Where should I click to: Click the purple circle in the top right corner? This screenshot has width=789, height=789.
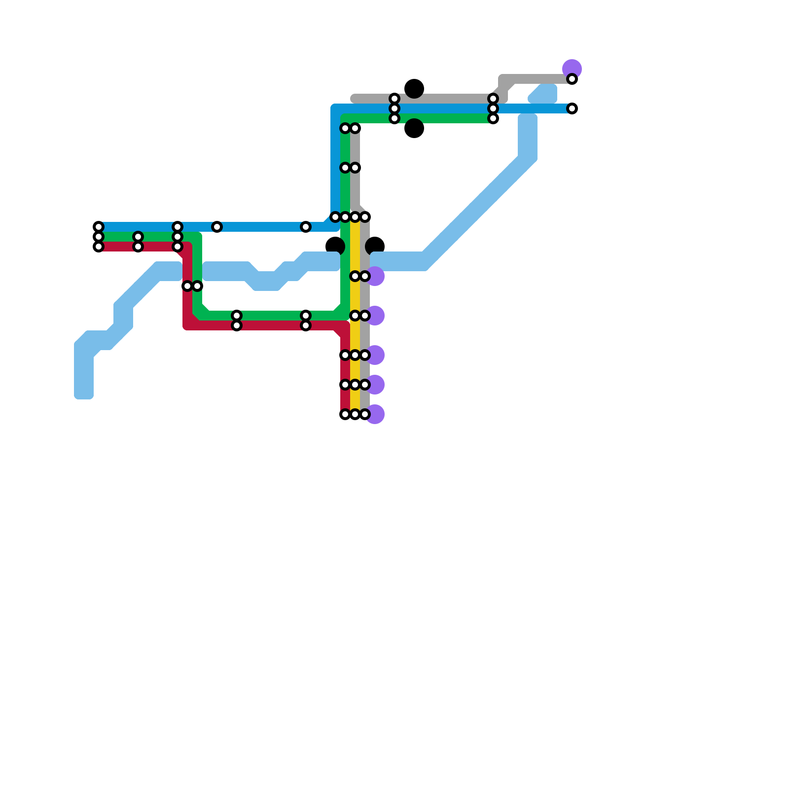572,68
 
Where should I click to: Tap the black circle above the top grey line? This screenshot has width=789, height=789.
414,89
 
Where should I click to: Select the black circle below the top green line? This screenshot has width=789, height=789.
414,128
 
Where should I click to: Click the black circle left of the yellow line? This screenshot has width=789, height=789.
335,246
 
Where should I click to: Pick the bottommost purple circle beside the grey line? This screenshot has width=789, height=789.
375,414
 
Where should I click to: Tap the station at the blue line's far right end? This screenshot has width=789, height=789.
572,108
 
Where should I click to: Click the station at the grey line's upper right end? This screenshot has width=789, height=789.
572,79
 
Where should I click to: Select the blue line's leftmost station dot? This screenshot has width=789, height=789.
99,227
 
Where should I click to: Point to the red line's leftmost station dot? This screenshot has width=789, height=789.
99,247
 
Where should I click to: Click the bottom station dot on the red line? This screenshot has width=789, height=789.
345,414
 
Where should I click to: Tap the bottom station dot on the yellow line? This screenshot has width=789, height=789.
355,414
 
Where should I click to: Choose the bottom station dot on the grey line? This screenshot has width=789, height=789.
365,414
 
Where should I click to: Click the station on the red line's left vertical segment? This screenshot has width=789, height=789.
187,286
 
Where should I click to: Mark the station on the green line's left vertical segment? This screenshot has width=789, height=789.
197,286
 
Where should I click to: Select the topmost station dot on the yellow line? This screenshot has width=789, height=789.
355,217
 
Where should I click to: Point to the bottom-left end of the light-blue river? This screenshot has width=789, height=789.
84,392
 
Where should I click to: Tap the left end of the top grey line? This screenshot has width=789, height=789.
354,99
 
